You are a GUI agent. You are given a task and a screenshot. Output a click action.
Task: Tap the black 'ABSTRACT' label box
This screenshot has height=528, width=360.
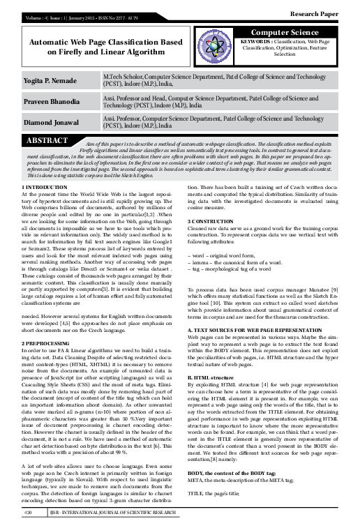[x=47, y=142]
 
